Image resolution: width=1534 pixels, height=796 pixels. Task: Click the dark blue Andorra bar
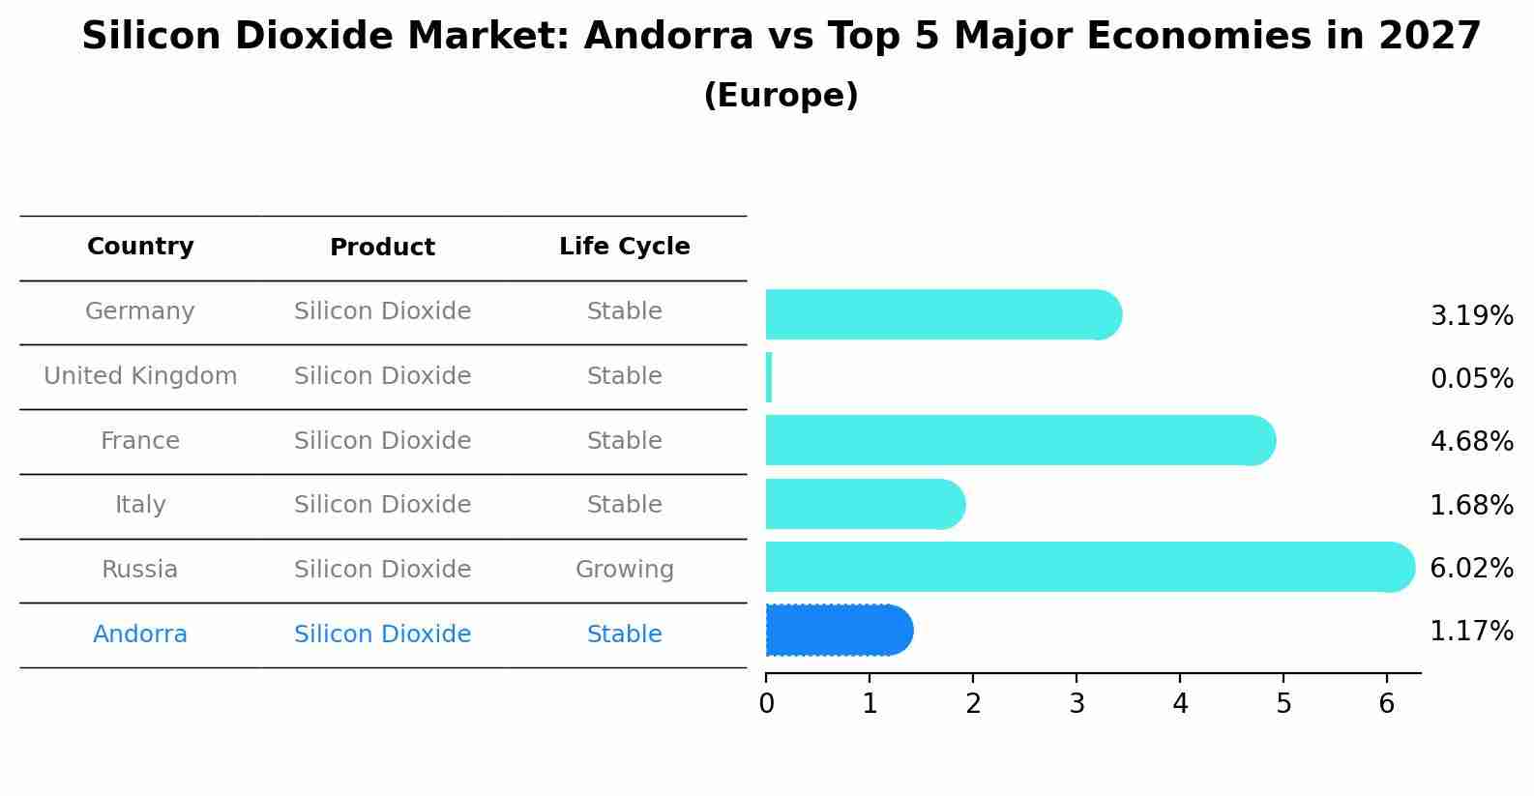(x=838, y=631)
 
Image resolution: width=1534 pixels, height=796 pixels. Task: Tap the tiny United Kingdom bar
(x=769, y=377)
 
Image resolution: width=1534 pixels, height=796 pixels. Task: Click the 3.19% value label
(x=1471, y=316)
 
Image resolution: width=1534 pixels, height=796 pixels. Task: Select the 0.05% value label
(x=1471, y=379)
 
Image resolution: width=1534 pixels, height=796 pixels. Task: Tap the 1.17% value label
(x=1471, y=632)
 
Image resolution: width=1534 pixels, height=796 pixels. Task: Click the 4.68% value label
(x=1471, y=442)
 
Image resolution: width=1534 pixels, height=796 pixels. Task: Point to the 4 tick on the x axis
(x=1180, y=704)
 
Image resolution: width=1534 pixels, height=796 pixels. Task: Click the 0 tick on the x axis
(x=766, y=704)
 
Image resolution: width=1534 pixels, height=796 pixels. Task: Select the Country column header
(x=140, y=247)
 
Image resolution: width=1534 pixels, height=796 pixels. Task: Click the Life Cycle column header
(x=624, y=247)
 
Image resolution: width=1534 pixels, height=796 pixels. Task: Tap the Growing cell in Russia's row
(x=624, y=570)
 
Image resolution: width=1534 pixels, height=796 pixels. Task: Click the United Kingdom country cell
(x=140, y=376)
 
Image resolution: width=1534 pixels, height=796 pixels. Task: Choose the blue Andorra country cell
(x=140, y=634)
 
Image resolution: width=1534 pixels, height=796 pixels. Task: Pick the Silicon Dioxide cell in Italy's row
(x=382, y=505)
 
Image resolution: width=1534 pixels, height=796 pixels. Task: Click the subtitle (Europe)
(x=781, y=96)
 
